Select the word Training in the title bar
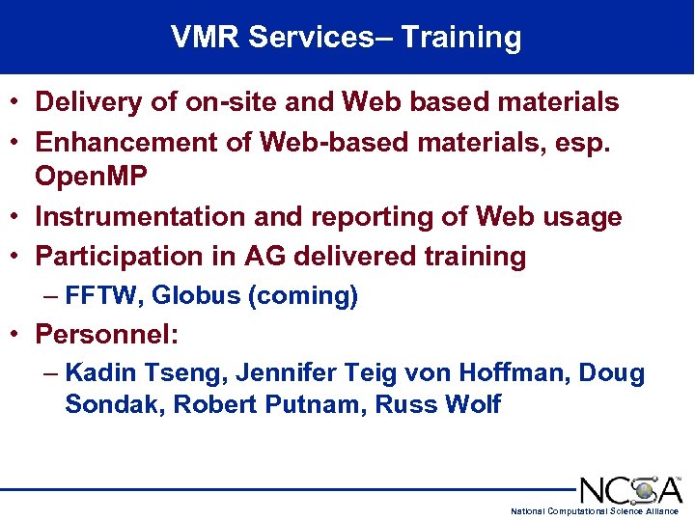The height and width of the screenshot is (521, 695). pyautogui.click(x=461, y=38)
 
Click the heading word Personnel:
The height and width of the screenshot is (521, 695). pyautogui.click(x=110, y=335)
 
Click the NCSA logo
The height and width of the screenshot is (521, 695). pyautogui.click(x=630, y=489)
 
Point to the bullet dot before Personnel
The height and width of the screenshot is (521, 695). pyautogui.click(x=18, y=336)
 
